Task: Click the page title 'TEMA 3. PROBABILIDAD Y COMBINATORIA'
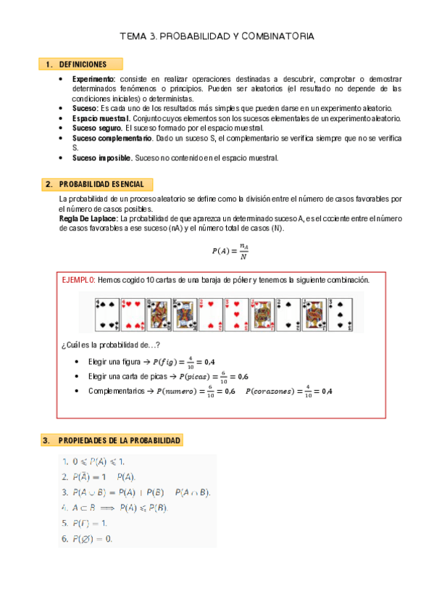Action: (x=217, y=36)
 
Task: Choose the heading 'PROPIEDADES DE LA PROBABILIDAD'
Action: (x=120, y=440)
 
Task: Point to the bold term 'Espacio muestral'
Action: (x=101, y=117)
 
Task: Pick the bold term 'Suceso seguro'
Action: (x=96, y=128)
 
